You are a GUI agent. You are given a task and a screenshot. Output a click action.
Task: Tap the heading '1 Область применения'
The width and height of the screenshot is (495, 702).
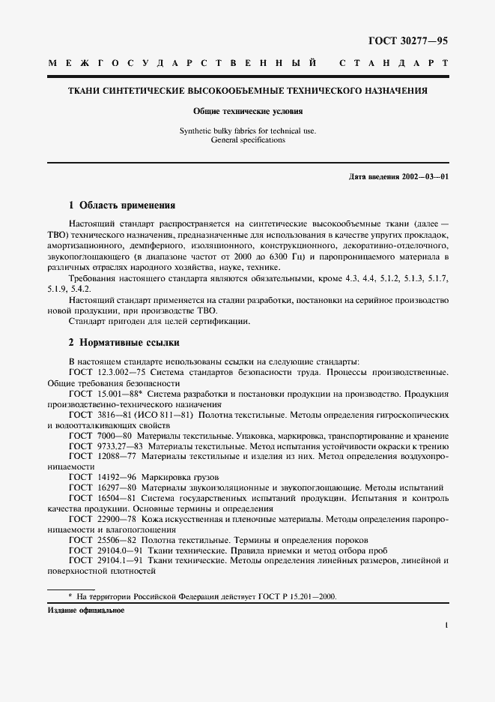[x=122, y=205]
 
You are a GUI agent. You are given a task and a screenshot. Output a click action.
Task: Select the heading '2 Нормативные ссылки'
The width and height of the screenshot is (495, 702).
[x=124, y=343]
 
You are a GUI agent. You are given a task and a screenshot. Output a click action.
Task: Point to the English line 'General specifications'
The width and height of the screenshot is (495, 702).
[x=248, y=139]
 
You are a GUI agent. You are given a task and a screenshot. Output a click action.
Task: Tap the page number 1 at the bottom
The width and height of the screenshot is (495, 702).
[x=446, y=624]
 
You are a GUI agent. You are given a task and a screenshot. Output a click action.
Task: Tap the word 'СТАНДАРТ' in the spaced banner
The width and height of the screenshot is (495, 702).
[x=394, y=64]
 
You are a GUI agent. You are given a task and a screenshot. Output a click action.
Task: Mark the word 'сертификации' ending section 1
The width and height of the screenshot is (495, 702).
[x=224, y=322]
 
